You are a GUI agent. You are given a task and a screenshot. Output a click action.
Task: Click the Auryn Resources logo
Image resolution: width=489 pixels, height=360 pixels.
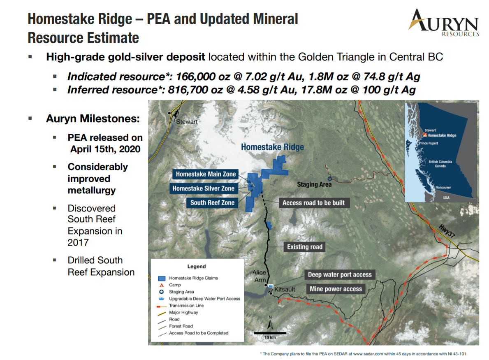[x=443, y=23]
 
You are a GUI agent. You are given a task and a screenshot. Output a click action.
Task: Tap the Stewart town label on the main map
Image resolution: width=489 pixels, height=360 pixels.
[x=187, y=122]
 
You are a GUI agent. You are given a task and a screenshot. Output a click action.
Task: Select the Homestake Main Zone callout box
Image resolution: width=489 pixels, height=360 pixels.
[x=206, y=174]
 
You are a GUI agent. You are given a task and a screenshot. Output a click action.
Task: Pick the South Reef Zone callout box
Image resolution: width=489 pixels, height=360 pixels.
[x=212, y=203]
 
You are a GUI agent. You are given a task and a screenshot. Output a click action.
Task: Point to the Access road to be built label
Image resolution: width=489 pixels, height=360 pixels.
[x=314, y=203]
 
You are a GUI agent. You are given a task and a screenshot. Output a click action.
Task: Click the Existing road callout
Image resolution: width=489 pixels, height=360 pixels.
[x=305, y=247]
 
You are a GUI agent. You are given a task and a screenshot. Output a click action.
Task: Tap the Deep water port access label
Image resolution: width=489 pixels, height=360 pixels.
[x=340, y=274]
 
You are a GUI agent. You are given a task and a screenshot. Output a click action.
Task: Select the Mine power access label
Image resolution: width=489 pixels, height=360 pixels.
[x=336, y=289]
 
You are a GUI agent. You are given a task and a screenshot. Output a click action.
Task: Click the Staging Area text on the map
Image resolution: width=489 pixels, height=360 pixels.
[x=314, y=184]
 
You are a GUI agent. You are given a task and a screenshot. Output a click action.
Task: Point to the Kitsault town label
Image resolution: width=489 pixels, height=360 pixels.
[x=285, y=289]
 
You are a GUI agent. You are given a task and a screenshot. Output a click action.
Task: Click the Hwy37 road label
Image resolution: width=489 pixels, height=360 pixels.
[x=447, y=231]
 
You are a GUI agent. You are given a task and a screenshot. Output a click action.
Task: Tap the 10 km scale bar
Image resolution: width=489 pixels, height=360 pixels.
[x=270, y=333]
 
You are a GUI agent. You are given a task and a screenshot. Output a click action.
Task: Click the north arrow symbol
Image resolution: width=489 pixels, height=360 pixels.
[x=270, y=323]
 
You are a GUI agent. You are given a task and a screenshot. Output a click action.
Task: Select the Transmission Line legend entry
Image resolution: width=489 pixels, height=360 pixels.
[x=186, y=306]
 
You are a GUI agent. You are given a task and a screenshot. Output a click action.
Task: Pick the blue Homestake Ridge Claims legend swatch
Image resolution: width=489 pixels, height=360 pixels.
[x=162, y=278]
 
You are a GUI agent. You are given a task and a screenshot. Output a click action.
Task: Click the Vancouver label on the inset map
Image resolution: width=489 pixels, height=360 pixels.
[x=443, y=188]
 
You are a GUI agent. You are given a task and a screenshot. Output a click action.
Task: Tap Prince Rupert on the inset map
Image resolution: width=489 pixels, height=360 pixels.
[x=428, y=143]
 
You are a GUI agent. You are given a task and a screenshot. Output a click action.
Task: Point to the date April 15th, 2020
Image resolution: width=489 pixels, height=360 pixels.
[x=105, y=149]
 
